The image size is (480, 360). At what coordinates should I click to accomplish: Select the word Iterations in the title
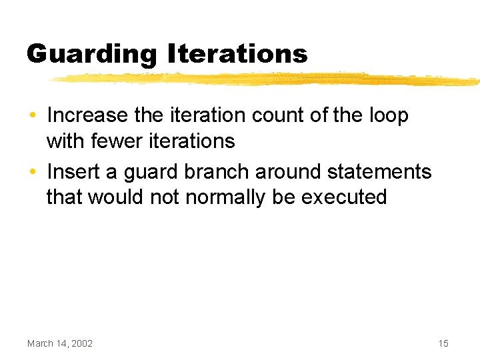237,53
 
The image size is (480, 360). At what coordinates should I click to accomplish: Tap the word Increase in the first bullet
87,115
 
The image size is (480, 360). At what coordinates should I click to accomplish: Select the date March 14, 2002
60,343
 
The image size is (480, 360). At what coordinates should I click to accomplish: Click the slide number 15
443,343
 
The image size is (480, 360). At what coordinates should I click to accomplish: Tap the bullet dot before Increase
33,116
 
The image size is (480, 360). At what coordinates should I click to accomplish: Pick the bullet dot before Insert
33,173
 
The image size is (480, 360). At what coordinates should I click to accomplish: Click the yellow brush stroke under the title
267,80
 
